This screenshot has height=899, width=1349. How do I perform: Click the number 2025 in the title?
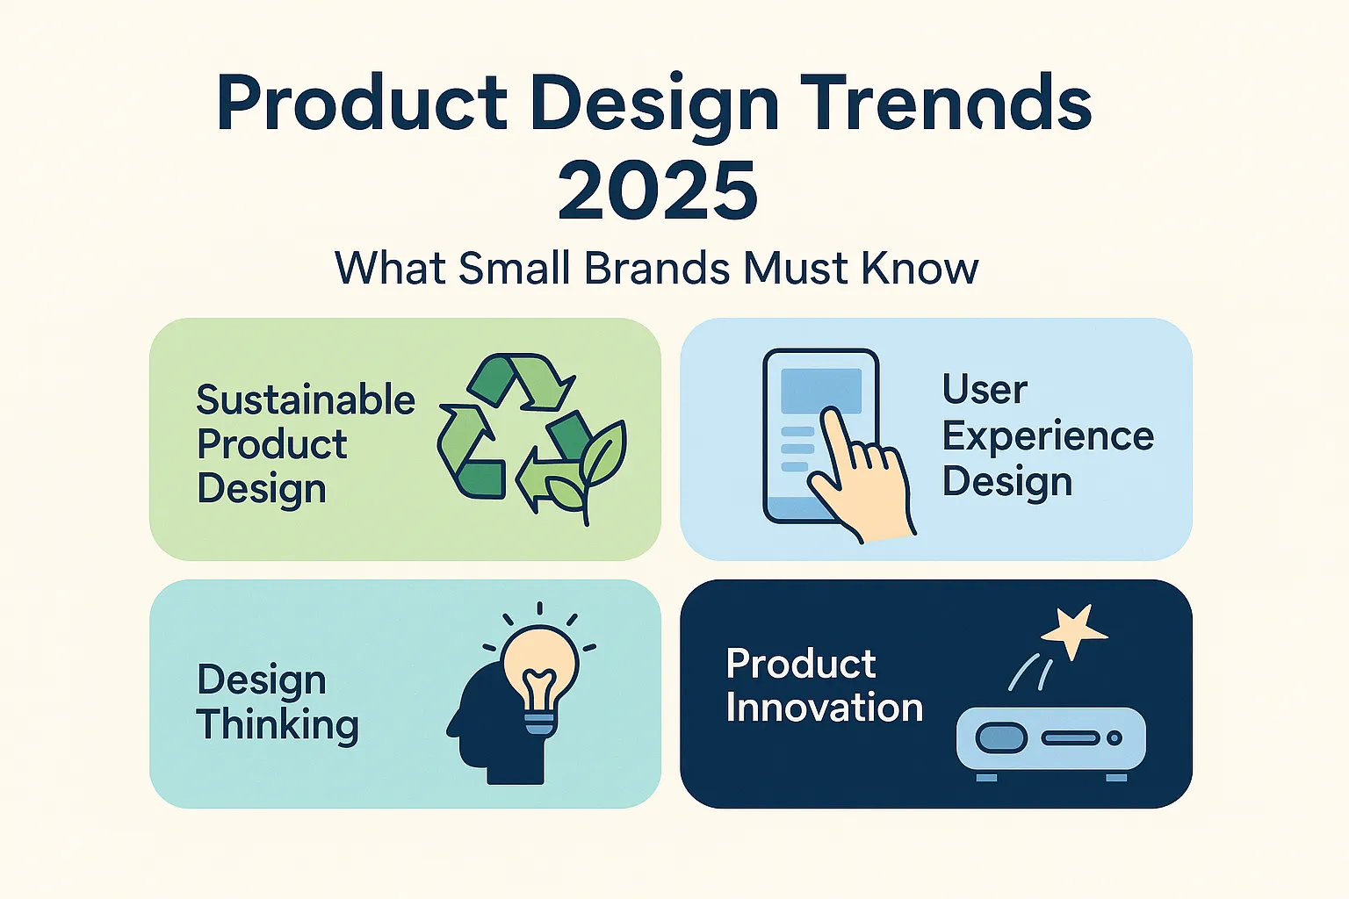tap(658, 191)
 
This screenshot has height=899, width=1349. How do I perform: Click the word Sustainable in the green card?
tap(306, 399)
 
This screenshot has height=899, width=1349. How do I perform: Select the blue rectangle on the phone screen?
tap(821, 391)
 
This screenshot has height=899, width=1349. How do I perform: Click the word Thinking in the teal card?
tap(278, 725)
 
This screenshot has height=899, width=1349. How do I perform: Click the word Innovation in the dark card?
tap(825, 708)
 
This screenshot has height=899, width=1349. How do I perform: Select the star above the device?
tap(1074, 633)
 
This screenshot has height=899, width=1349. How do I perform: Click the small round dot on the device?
tap(1115, 737)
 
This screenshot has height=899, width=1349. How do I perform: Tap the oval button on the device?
tap(1001, 737)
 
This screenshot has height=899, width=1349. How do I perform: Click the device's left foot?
tap(986, 778)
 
